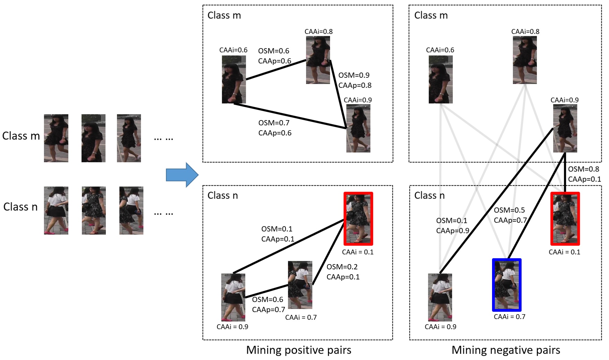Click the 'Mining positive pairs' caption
298,350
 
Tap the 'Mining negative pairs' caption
506,350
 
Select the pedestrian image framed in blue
507,285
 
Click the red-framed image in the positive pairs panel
358,219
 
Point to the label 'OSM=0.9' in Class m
354,75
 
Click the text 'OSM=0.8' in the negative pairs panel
583,169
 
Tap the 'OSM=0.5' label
509,210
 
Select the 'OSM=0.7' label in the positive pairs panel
273,123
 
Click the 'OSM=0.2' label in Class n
342,267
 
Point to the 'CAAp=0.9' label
452,231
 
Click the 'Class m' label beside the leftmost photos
21,136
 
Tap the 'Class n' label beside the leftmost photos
20,207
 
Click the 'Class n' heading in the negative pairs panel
429,195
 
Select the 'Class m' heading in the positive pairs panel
224,15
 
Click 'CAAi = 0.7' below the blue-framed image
509,317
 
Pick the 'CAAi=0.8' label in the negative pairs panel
525,32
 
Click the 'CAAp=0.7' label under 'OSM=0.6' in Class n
268,309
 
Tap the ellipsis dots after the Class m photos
163,139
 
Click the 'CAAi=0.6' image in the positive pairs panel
234,79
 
